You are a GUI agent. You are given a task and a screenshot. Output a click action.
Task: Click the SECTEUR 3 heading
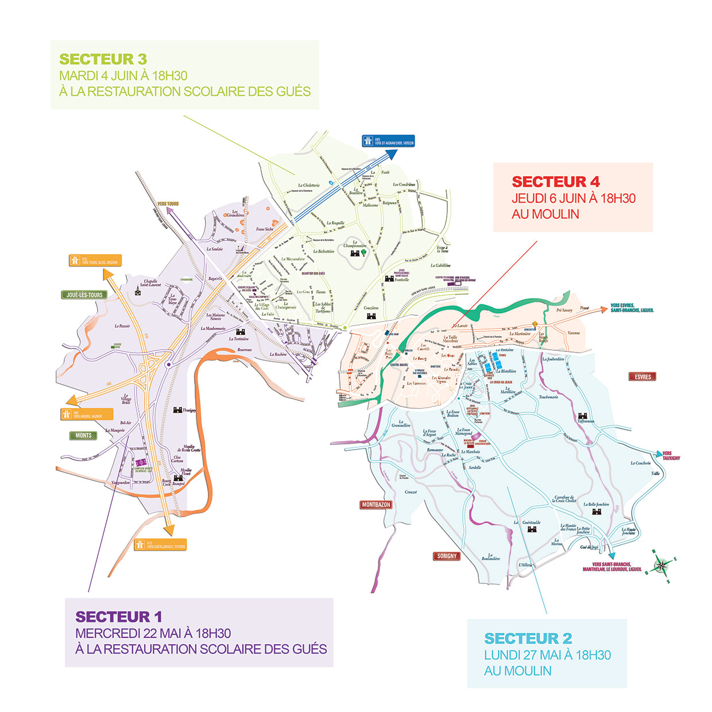tap(103, 59)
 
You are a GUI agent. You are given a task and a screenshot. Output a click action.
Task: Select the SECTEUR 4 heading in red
tap(556, 182)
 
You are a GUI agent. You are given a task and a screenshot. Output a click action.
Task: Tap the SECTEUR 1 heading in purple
tap(119, 617)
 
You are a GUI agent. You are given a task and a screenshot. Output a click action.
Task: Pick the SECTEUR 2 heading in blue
tap(528, 639)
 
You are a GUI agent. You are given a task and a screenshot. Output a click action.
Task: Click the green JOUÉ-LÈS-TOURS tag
tap(84, 295)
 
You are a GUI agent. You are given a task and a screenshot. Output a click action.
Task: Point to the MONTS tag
tap(83, 435)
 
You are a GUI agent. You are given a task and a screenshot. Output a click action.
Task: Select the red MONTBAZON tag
tap(376, 505)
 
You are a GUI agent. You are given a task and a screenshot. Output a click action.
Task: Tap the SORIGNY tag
tap(447, 556)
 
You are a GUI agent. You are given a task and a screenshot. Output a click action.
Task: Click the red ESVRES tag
tap(643, 377)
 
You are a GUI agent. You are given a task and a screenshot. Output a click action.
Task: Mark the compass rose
tap(661, 566)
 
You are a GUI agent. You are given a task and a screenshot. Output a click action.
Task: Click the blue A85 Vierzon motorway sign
tap(388, 141)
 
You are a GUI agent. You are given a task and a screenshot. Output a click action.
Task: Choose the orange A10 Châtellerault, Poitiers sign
tap(160, 544)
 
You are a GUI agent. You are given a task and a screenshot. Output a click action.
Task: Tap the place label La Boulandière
tap(490, 557)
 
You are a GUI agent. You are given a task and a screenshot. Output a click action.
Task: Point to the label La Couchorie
tap(640, 463)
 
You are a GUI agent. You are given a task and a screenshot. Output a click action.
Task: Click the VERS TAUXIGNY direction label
tap(671, 456)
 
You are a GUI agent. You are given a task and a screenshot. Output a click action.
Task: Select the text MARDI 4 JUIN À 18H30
tap(123, 76)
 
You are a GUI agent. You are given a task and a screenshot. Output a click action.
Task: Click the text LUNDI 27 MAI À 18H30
tap(547, 655)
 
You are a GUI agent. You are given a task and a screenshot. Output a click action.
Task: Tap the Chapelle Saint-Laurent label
tap(150, 283)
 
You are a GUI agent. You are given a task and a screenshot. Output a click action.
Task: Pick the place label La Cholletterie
tap(308, 185)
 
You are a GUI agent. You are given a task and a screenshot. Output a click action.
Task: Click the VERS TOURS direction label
tap(168, 204)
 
